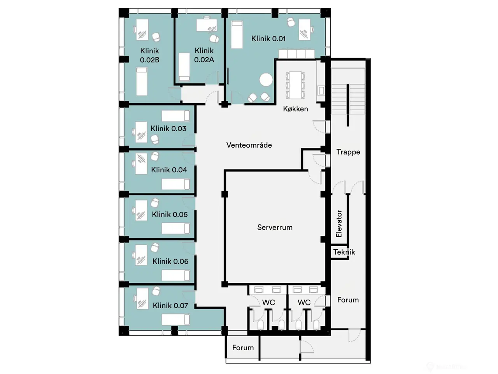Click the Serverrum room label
(275, 227)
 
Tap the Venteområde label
(249, 145)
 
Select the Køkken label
(295, 109)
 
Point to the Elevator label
(339, 224)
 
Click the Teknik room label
(344, 252)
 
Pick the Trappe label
(348, 152)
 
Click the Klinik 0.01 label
(268, 39)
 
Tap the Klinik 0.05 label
(170, 214)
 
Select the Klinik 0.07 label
(170, 305)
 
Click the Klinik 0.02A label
(204, 55)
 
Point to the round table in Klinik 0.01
(266, 80)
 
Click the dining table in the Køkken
(295, 85)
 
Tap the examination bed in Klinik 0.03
(175, 116)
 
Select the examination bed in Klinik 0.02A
(184, 67)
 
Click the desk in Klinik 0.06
(141, 255)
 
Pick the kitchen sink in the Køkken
(321, 90)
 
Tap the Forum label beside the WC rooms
(348, 300)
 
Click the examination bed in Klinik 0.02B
(142, 81)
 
